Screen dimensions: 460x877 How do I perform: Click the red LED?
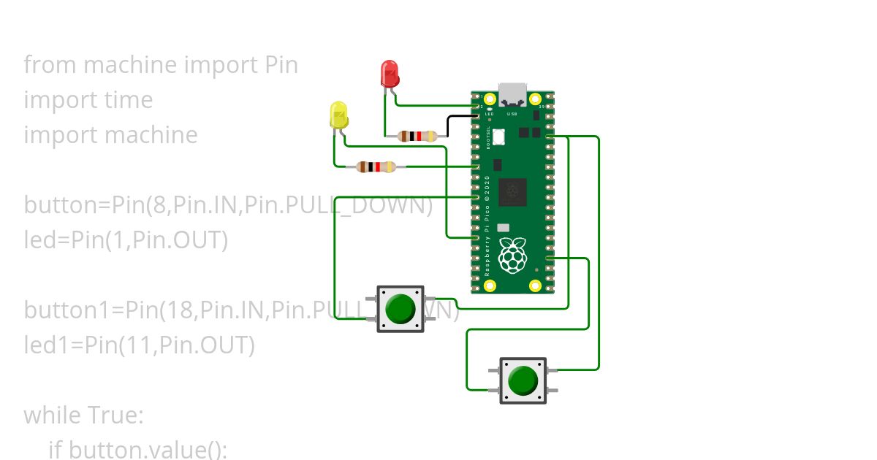(390, 74)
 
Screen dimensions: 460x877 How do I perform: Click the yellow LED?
(338, 116)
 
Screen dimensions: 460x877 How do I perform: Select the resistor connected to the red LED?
(417, 136)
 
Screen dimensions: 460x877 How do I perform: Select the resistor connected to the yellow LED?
(376, 167)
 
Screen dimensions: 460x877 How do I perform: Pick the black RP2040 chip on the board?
(512, 192)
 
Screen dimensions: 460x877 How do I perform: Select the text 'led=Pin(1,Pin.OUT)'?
(126, 239)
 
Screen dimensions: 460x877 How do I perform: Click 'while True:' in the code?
(83, 415)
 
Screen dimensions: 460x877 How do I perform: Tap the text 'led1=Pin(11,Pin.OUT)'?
(139, 345)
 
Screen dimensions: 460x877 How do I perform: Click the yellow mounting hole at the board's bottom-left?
(490, 285)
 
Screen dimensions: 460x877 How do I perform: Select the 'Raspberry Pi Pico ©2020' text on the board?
(487, 226)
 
